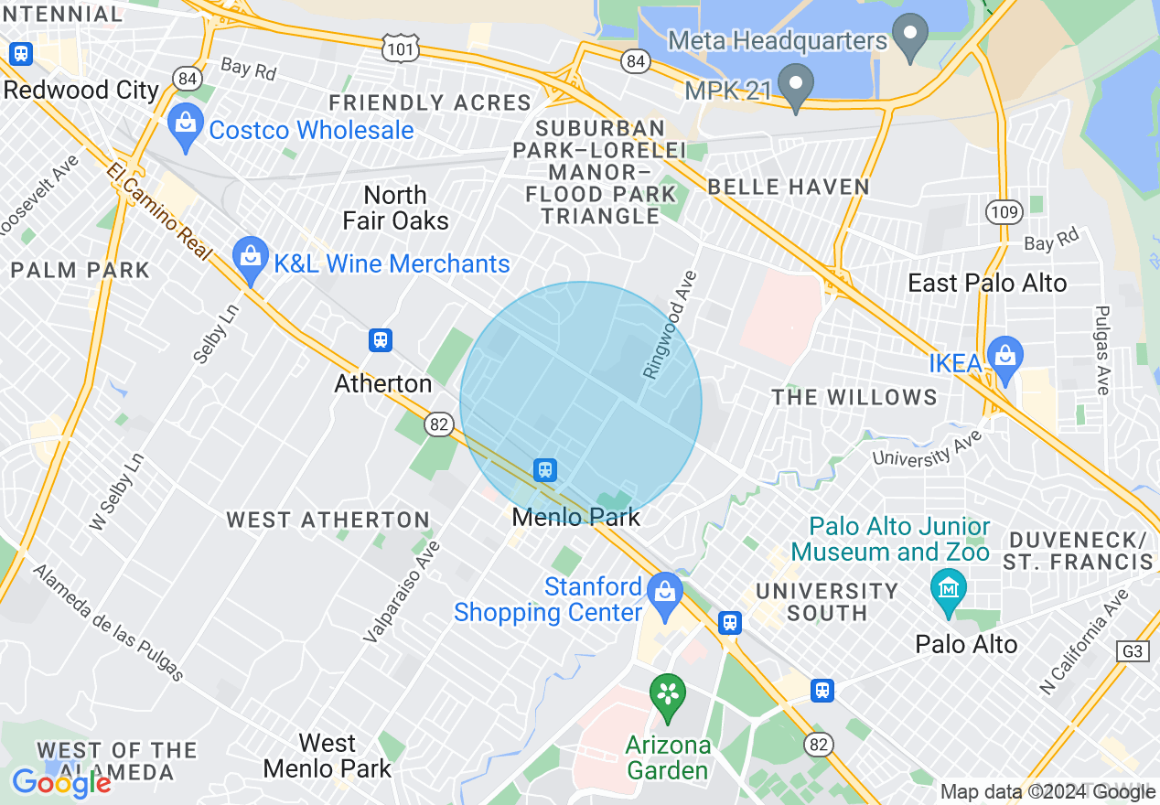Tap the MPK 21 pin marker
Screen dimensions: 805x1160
click(x=795, y=87)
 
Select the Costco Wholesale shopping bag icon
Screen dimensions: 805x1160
click(x=186, y=128)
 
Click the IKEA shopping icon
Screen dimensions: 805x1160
click(x=1004, y=360)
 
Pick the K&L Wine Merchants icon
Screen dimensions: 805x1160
click(x=250, y=261)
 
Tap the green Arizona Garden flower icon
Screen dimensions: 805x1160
click(x=668, y=697)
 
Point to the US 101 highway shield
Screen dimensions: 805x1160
click(x=403, y=48)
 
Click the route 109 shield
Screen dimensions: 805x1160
click(x=1004, y=212)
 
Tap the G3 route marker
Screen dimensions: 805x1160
click(x=1133, y=650)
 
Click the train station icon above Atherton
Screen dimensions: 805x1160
click(x=380, y=340)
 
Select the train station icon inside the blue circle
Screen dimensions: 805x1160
click(x=545, y=470)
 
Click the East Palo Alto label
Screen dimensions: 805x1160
click(x=987, y=283)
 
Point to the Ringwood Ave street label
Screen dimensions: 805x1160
click(x=669, y=325)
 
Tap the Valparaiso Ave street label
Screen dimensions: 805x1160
click(x=402, y=591)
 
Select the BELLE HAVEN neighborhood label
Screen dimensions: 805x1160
click(x=788, y=187)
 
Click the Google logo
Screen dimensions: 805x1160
click(x=61, y=783)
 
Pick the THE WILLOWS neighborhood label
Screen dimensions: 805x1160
click(x=854, y=397)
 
